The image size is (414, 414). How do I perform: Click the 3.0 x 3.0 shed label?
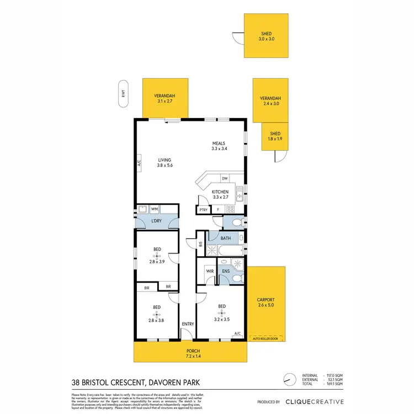(267, 36)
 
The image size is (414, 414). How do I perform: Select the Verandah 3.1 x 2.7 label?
(164, 98)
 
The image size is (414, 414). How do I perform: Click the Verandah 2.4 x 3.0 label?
(270, 100)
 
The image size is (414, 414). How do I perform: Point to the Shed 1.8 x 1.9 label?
(275, 136)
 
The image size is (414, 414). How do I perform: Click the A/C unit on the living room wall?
(139, 163)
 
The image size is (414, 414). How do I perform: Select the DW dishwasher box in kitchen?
(225, 178)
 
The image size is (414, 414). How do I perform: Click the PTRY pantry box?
(203, 210)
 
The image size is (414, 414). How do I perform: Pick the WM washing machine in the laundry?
(155, 209)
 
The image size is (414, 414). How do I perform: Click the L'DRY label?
(157, 222)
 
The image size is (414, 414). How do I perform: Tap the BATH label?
(225, 238)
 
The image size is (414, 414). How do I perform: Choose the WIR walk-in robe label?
(210, 271)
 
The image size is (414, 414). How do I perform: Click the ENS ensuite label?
(225, 271)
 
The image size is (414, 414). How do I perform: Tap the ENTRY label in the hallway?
(188, 324)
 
